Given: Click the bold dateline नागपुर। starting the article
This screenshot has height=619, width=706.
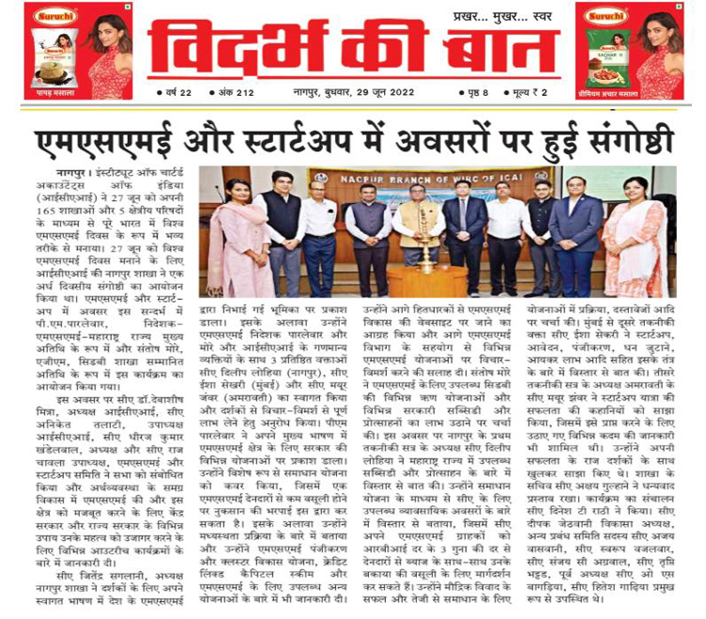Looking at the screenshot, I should click(x=73, y=173).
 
